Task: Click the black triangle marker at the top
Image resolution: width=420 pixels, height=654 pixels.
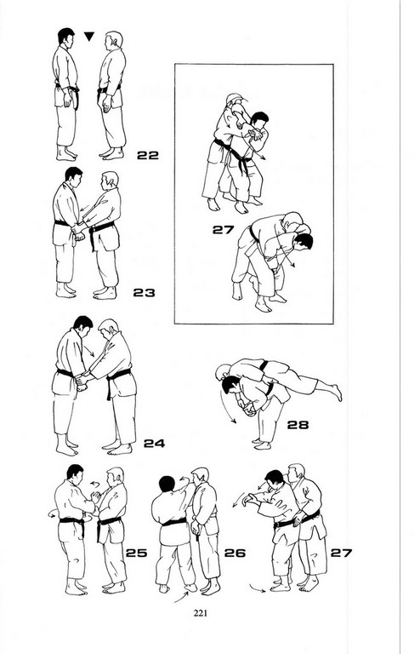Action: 89,37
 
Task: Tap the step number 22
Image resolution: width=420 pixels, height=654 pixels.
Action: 148,155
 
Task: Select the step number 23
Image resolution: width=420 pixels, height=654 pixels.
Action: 144,292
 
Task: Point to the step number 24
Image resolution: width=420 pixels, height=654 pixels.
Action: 154,443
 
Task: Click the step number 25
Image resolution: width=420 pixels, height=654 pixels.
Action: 137,553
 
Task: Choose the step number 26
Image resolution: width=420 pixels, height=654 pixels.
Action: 235,553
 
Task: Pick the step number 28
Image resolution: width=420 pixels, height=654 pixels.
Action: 298,425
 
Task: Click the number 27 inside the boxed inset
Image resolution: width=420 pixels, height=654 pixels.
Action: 223,229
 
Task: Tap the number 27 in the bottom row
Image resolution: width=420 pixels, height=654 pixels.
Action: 341,553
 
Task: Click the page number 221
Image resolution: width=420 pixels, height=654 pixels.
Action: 200,613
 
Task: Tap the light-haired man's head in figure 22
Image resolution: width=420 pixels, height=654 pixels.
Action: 114,40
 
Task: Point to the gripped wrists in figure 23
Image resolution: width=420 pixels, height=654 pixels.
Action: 79,231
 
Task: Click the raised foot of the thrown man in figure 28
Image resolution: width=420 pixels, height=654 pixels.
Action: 336,393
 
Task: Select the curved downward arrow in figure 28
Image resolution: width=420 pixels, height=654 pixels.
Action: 227,408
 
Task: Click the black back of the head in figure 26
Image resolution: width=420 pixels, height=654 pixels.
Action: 167,484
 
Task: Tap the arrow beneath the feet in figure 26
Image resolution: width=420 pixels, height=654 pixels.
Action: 181,597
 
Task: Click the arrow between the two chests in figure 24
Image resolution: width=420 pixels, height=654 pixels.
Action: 88,350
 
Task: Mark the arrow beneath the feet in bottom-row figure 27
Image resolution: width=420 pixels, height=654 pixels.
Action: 258,588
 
